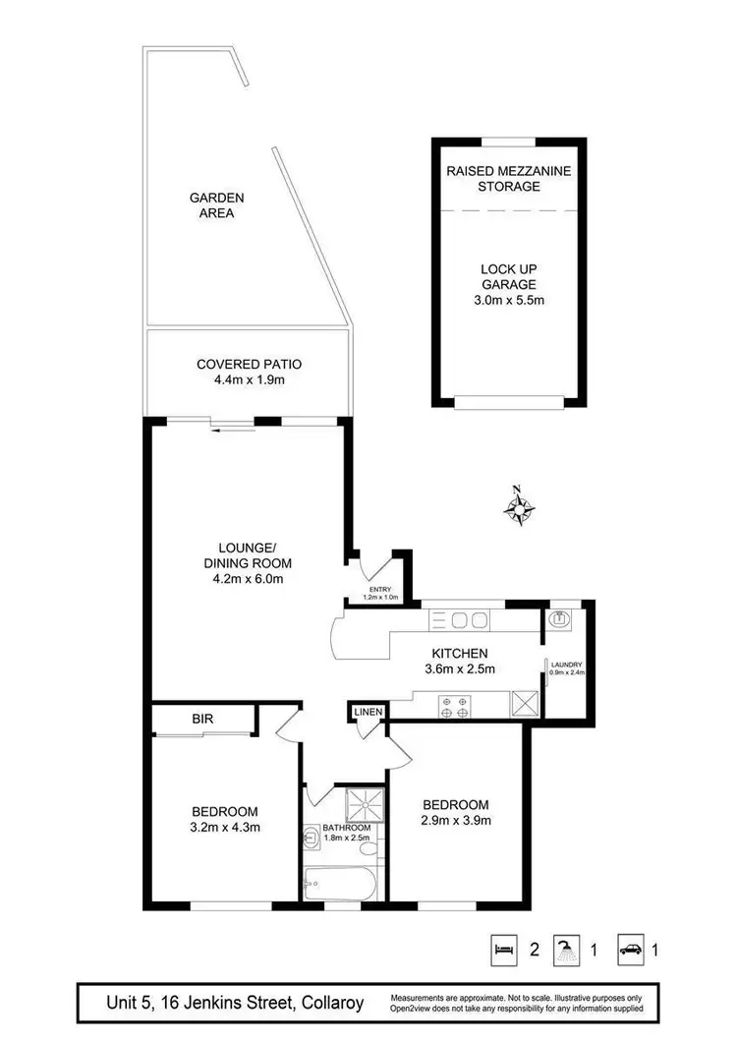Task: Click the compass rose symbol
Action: point(519,508)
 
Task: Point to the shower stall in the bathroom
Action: point(365,803)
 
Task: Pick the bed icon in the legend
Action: point(503,950)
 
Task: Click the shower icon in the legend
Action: point(566,950)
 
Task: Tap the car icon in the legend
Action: point(630,950)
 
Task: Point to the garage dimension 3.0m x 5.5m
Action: point(508,299)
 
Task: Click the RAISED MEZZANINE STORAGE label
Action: point(508,178)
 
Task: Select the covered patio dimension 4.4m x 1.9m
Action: point(249,379)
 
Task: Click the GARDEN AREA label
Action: point(216,204)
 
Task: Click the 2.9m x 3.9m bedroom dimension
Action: point(457,820)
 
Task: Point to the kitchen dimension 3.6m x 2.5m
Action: point(459,669)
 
